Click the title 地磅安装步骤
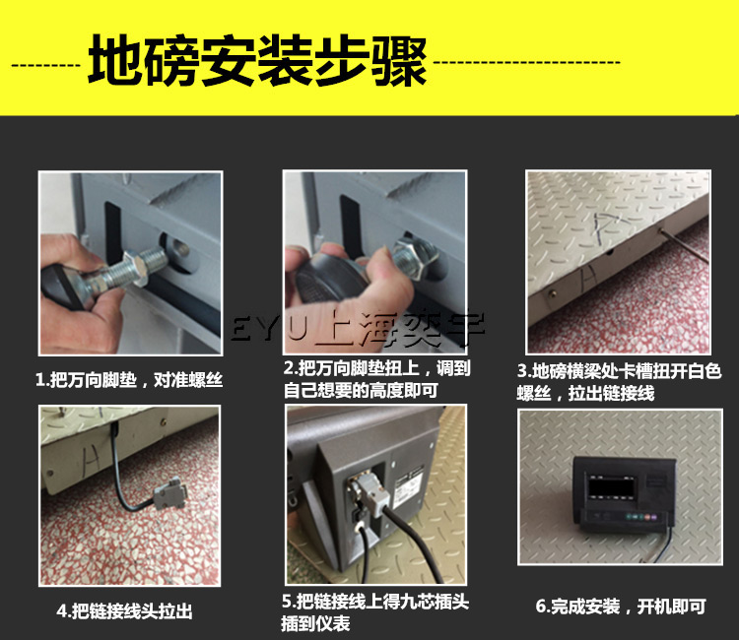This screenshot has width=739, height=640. pyautogui.click(x=257, y=61)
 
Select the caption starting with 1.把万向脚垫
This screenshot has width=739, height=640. pyautogui.click(x=128, y=381)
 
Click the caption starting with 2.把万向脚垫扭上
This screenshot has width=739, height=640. pyautogui.click(x=376, y=380)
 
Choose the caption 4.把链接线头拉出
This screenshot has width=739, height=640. pyautogui.click(x=124, y=611)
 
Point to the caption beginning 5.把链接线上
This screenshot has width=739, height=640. pyautogui.click(x=374, y=610)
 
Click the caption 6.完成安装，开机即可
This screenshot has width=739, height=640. pyautogui.click(x=621, y=607)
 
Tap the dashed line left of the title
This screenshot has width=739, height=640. pyautogui.click(x=47, y=62)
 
